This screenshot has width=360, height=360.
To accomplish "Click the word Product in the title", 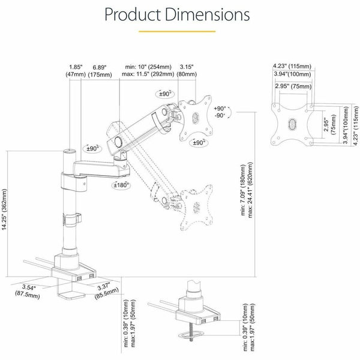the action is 133,14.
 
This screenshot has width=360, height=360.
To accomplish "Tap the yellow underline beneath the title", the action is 177,31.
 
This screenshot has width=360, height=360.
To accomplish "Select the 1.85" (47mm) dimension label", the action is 76,71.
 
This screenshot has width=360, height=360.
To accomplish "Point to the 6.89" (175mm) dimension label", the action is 100,71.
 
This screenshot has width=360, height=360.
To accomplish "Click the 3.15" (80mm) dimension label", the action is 187,70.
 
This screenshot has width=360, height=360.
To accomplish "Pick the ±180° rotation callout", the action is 121,185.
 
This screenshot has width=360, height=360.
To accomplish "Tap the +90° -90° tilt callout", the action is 220,112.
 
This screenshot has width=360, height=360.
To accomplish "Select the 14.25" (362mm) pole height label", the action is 4,209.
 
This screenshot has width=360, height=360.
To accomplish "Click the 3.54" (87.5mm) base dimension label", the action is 28,291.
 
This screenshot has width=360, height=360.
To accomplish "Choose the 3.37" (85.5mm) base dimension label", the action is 106,290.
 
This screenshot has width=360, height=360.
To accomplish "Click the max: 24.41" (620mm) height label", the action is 250,190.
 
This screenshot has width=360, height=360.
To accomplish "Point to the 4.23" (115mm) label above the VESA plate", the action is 292,66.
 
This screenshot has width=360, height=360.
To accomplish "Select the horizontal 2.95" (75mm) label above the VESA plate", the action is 293,86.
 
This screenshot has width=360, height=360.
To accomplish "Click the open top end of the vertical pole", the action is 70,152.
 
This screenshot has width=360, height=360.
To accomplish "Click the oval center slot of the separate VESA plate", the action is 292,124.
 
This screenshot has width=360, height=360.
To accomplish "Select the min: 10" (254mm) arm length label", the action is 148,67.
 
